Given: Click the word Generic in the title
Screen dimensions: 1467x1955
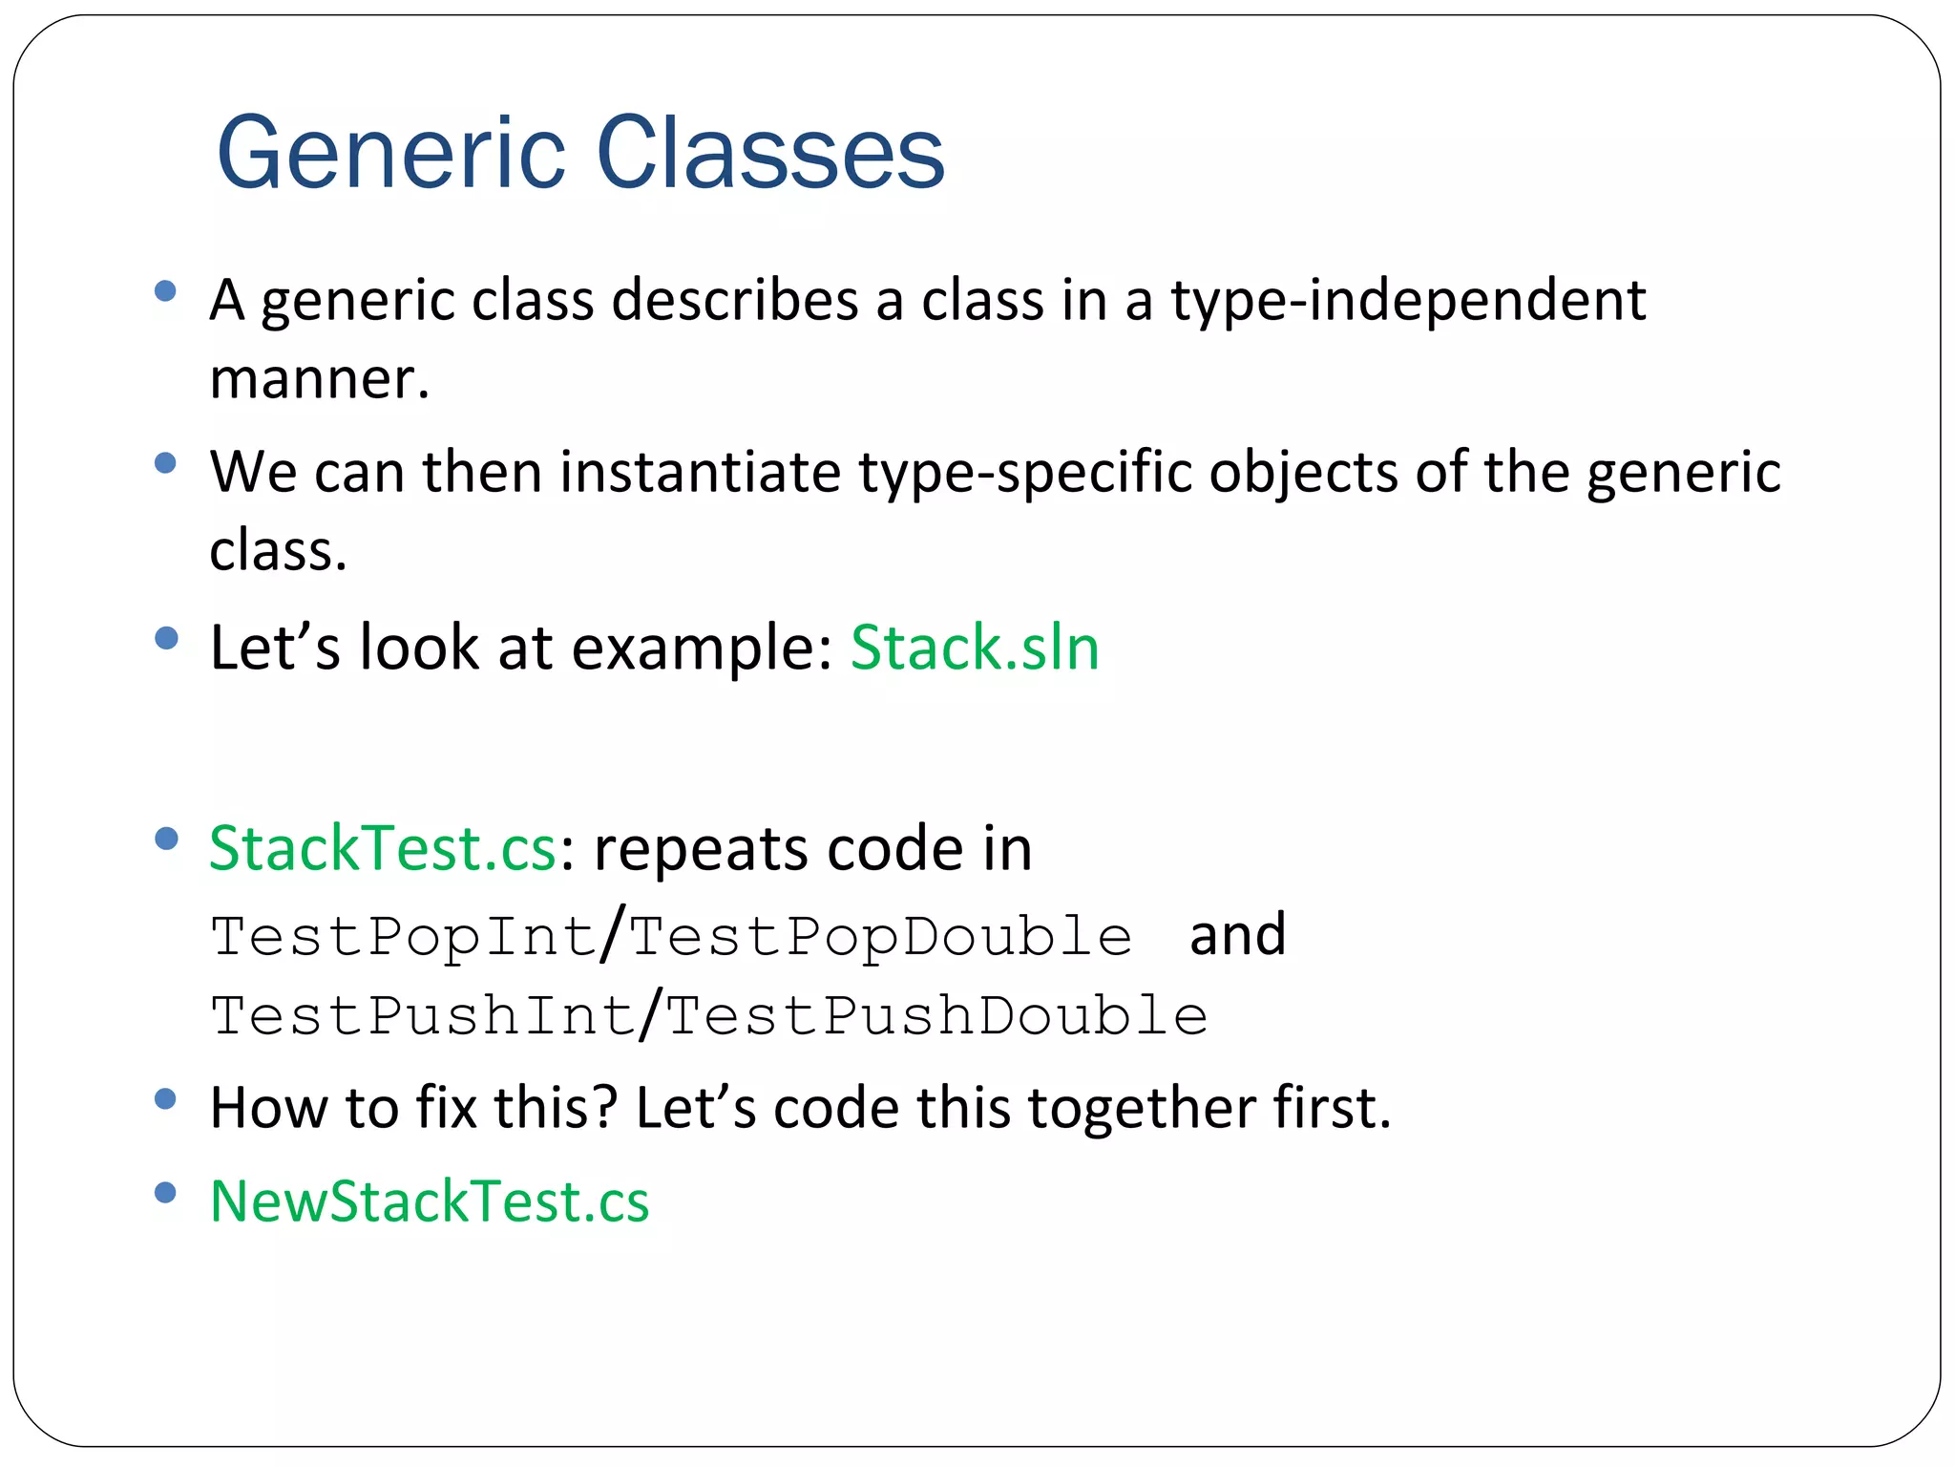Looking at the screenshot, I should coord(391,153).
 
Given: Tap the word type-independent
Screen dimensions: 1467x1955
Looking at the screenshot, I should coord(1408,301).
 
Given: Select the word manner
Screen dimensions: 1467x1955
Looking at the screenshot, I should coord(319,379).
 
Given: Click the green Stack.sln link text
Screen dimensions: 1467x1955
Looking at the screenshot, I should coord(974,648).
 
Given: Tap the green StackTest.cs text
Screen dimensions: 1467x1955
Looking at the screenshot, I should coord(382,848).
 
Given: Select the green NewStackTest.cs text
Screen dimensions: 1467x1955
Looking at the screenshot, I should coord(430,1201).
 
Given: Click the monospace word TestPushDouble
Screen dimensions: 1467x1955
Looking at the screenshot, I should coord(936,1015).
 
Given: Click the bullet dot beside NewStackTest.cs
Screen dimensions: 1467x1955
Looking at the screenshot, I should coord(165,1193).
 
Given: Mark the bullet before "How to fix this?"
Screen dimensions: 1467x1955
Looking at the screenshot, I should coord(165,1099).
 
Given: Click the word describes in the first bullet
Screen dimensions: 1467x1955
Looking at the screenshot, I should coord(735,301).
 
